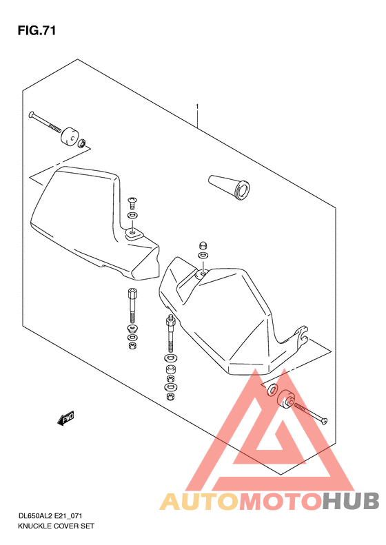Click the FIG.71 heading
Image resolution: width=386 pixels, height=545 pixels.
click(x=37, y=31)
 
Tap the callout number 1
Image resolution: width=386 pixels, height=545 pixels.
click(x=197, y=106)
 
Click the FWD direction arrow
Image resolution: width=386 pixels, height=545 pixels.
click(x=65, y=418)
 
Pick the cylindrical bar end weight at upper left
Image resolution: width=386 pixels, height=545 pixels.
click(x=70, y=136)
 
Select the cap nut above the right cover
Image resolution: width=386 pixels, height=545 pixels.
click(x=203, y=245)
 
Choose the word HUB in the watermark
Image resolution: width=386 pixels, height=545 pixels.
click(x=350, y=501)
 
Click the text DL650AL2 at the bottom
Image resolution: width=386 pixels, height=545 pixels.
click(x=35, y=516)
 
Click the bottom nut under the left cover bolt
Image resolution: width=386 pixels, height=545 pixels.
click(x=132, y=345)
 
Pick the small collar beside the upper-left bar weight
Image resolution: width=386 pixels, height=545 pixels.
click(x=82, y=143)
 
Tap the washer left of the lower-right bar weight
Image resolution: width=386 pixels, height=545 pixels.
click(x=272, y=389)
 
